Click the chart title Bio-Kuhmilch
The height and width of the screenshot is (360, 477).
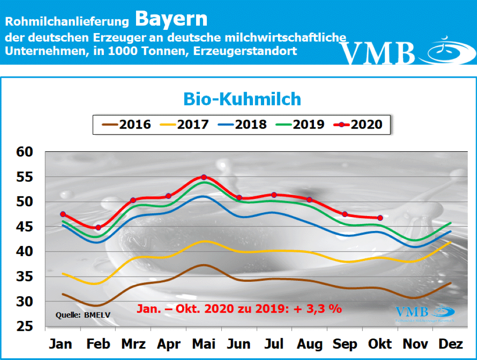pyautogui.click(x=242, y=99)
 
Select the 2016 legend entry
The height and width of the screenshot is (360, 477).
pyautogui.click(x=126, y=124)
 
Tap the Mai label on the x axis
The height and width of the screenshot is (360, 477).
pyautogui.click(x=204, y=344)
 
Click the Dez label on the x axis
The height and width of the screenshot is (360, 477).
pyautogui.click(x=450, y=344)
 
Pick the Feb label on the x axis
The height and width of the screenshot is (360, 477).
pyautogui.click(x=98, y=344)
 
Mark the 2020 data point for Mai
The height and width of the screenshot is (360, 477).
pyautogui.click(x=204, y=177)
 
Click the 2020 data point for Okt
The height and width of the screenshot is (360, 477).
pyautogui.click(x=380, y=218)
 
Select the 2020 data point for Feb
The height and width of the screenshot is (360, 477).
pyautogui.click(x=98, y=227)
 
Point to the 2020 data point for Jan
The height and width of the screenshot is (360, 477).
pyautogui.click(x=63, y=214)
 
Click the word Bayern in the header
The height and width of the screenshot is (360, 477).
pyautogui.click(x=171, y=19)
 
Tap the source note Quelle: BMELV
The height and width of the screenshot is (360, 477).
pyautogui.click(x=76, y=315)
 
